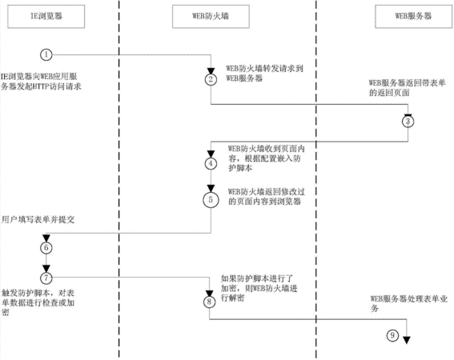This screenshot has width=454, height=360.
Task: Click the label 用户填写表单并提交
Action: (38, 220)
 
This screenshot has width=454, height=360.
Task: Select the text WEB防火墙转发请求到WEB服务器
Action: (265, 74)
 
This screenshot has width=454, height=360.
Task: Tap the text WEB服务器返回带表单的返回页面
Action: (407, 88)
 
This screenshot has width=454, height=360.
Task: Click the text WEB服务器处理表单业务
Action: (409, 303)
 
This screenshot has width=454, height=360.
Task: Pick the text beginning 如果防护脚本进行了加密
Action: (259, 288)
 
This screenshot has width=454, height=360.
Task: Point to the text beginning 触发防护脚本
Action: (38, 302)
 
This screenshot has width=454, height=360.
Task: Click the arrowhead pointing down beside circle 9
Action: (407, 340)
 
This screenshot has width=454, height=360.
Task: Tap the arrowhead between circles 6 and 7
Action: (46, 268)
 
